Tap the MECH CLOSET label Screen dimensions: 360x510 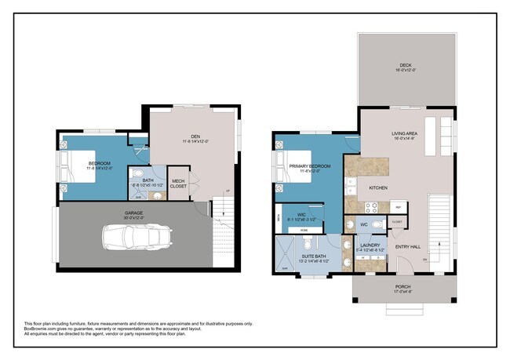179,184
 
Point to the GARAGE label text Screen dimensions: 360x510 133,213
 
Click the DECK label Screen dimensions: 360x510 405,67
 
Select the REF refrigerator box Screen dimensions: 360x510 399,207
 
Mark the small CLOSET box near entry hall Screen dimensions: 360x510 396,223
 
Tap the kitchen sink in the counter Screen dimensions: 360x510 350,187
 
